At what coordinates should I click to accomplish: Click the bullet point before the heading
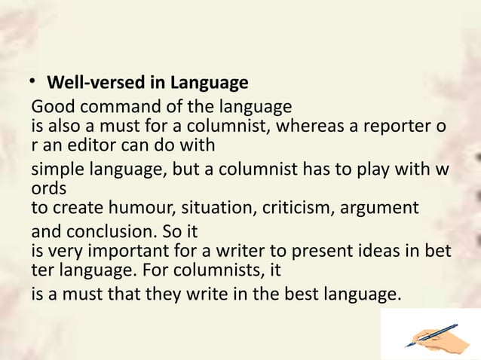(35, 81)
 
